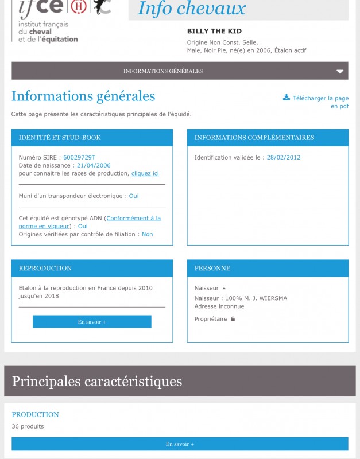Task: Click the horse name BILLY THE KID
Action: tap(214, 31)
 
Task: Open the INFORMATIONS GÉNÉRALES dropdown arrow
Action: tap(340, 72)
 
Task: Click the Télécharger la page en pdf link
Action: tap(320, 102)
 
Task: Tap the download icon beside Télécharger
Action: tap(287, 98)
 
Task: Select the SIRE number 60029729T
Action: tap(79, 157)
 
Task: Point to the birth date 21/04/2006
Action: tap(94, 165)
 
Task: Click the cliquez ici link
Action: tap(145, 173)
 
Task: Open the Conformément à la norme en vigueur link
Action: tap(133, 218)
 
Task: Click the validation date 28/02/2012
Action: tap(284, 157)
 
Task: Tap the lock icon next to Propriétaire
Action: tap(233, 319)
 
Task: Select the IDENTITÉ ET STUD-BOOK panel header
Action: tap(92, 138)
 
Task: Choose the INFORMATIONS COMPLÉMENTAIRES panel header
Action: tap(268, 138)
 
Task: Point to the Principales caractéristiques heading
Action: tap(97, 381)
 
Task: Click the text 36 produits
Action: tap(28, 426)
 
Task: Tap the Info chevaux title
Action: tap(192, 9)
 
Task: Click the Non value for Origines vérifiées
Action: tap(147, 234)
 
